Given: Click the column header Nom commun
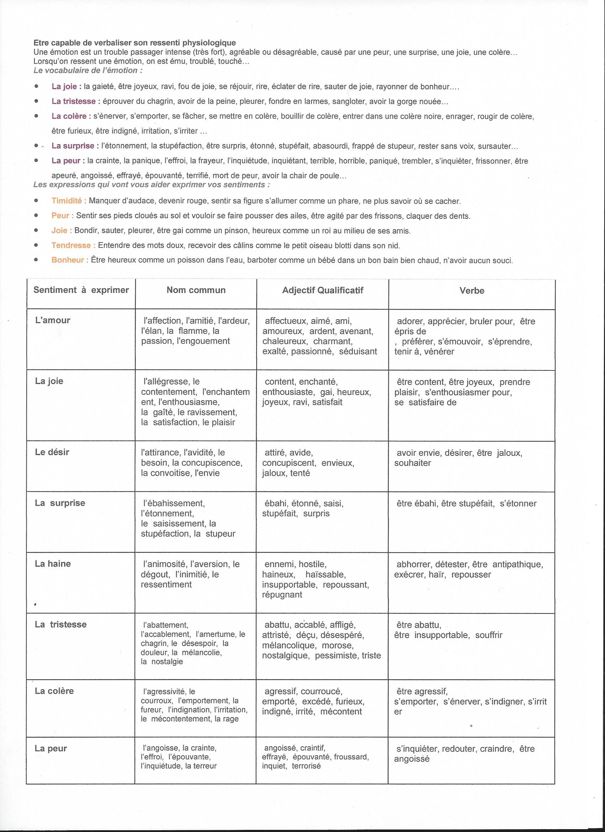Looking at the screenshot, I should (x=196, y=290).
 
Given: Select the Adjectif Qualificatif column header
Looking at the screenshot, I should (x=322, y=290).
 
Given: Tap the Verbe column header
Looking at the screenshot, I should (x=472, y=291).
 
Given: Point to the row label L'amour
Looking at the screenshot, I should (x=52, y=320).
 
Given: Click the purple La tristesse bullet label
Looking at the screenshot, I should (x=73, y=101).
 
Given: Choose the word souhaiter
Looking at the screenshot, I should (x=412, y=463).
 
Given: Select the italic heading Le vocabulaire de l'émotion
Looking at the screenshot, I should (x=87, y=70).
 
